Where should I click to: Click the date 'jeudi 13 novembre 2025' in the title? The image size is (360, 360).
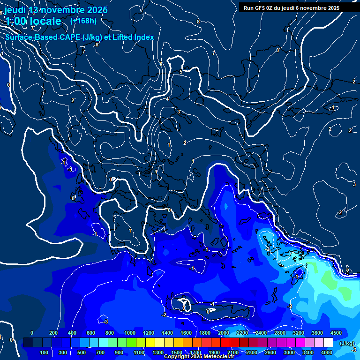[56, 9]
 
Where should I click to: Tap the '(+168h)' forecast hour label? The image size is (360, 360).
[83, 21]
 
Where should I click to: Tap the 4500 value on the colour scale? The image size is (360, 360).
[336, 332]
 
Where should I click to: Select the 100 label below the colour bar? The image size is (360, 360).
[44, 352]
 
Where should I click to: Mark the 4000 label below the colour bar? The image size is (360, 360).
[327, 352]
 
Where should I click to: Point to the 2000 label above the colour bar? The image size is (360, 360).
[224, 332]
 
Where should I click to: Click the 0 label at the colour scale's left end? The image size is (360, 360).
[32, 332]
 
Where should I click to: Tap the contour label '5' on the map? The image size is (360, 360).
[181, 72]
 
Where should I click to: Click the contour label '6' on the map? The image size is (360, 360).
[161, 64]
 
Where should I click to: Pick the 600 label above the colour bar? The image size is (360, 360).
[91, 332]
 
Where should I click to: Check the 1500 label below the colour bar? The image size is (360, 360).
[176, 352]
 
